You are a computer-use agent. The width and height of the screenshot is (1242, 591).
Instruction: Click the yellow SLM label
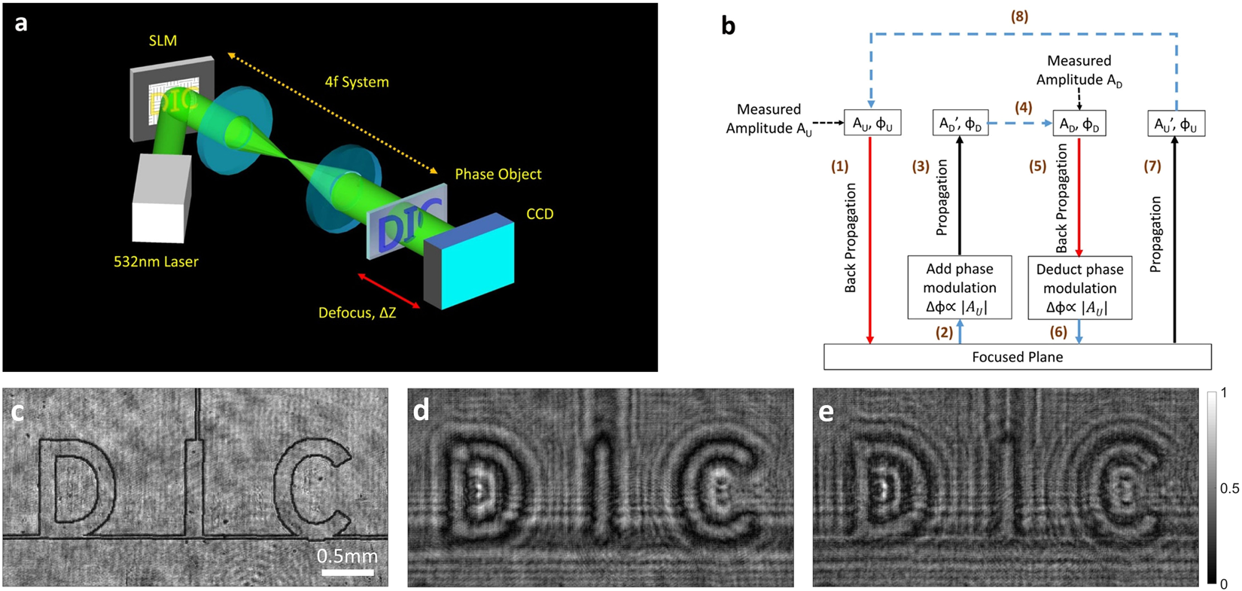[x=163, y=41]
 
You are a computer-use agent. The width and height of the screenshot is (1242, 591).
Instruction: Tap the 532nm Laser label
[x=156, y=262]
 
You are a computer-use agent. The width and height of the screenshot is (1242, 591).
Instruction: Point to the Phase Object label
[x=498, y=174]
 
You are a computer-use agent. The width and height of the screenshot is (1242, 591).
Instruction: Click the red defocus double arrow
[x=388, y=291]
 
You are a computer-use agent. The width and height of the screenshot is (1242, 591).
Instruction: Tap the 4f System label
[x=357, y=81]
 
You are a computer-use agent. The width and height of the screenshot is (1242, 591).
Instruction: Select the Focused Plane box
[x=1017, y=357]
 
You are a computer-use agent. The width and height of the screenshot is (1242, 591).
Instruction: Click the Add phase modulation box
[x=959, y=288]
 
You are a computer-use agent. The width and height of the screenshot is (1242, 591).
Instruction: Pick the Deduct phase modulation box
[x=1079, y=288]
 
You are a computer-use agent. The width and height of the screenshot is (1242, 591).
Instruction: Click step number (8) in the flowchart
[x=1019, y=17]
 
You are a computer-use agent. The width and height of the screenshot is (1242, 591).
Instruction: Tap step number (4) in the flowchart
[x=1023, y=108]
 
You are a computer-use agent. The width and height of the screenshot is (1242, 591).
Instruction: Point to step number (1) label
[x=839, y=166]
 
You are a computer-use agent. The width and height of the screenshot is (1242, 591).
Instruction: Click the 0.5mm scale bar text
[x=347, y=556]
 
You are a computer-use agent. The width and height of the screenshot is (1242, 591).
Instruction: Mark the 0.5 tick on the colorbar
[x=1229, y=489]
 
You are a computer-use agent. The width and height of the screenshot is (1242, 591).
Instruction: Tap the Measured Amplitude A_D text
[x=1079, y=70]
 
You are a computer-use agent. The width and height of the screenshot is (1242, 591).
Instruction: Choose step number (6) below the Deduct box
[x=1058, y=331]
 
